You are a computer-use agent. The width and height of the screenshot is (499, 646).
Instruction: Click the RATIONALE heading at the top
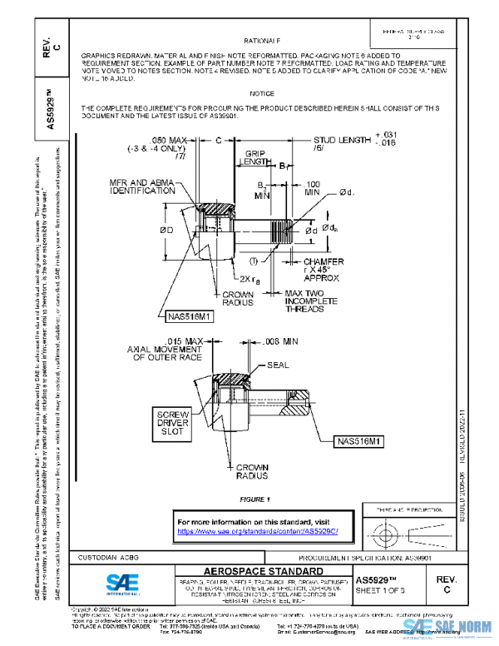coord(262,41)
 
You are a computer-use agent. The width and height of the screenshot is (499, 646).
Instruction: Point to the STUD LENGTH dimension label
coord(341,141)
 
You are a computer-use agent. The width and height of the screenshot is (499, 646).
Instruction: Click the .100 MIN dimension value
coord(313,187)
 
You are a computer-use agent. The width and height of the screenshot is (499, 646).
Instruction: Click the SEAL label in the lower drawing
coord(277,365)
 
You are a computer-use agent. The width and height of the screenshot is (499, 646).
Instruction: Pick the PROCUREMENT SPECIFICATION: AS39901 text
coord(386,555)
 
